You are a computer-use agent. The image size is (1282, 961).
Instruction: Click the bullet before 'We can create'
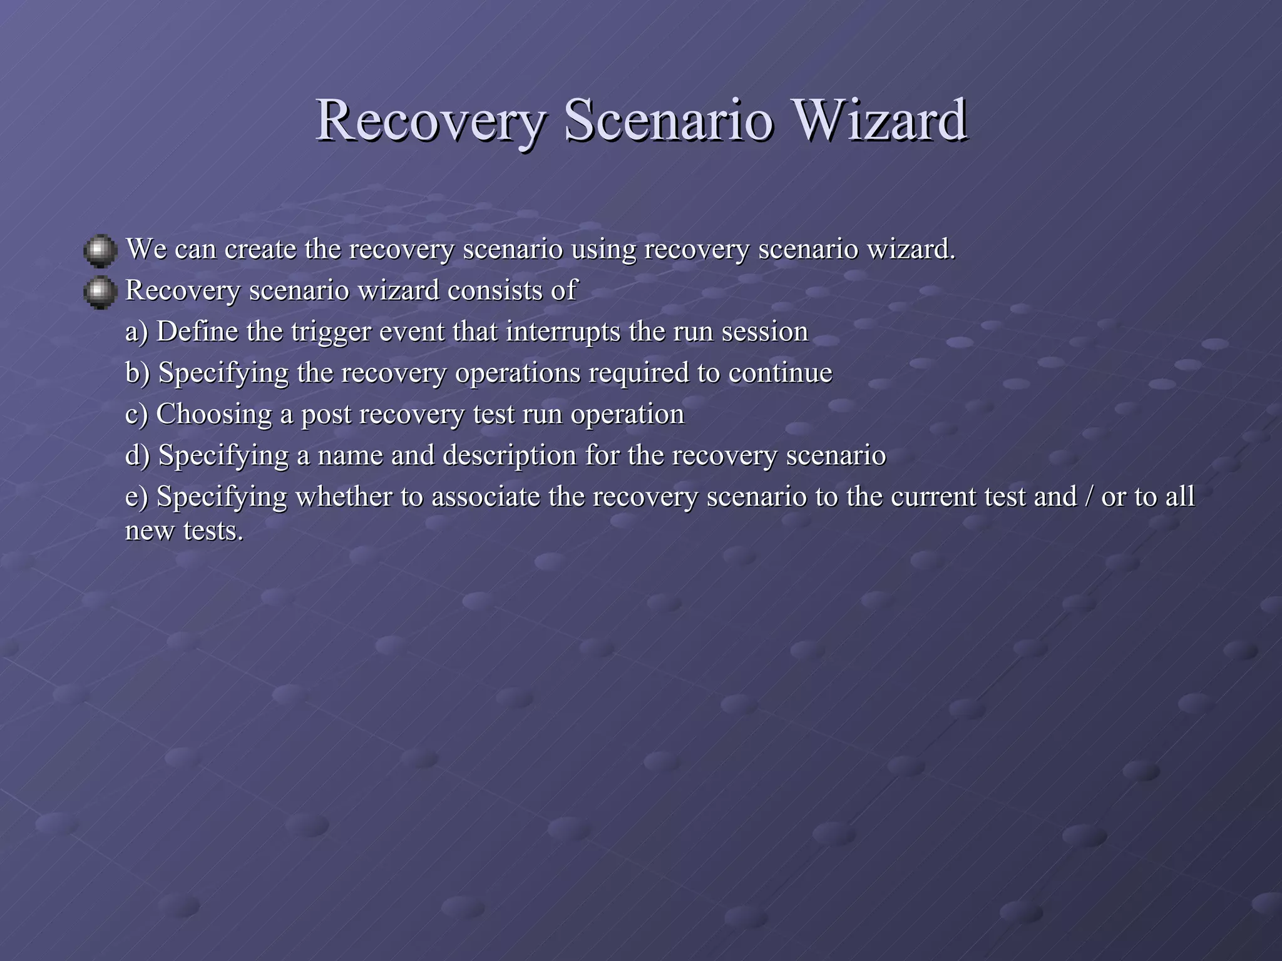[100, 251]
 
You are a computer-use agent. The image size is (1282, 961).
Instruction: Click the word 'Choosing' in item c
[213, 415]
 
